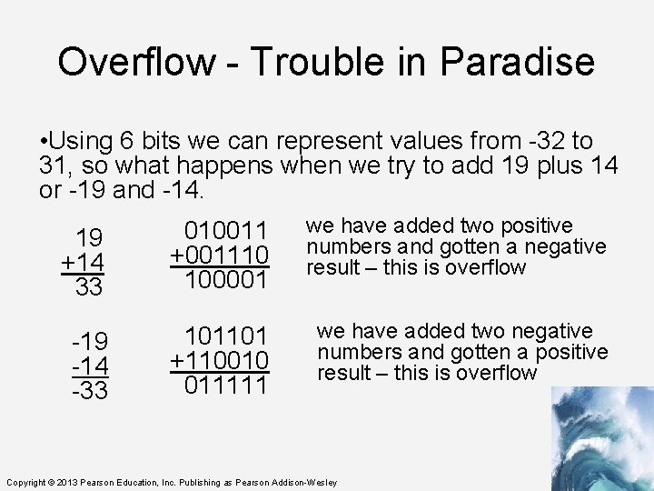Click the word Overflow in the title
[137, 62]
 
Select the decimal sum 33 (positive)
[89, 287]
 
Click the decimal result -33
[89, 391]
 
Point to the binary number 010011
[226, 232]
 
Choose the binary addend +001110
[220, 256]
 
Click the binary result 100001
[226, 281]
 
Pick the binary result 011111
[226, 386]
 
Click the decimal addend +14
[83, 263]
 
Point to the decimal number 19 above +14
[89, 238]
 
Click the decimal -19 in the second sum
[89, 342]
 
